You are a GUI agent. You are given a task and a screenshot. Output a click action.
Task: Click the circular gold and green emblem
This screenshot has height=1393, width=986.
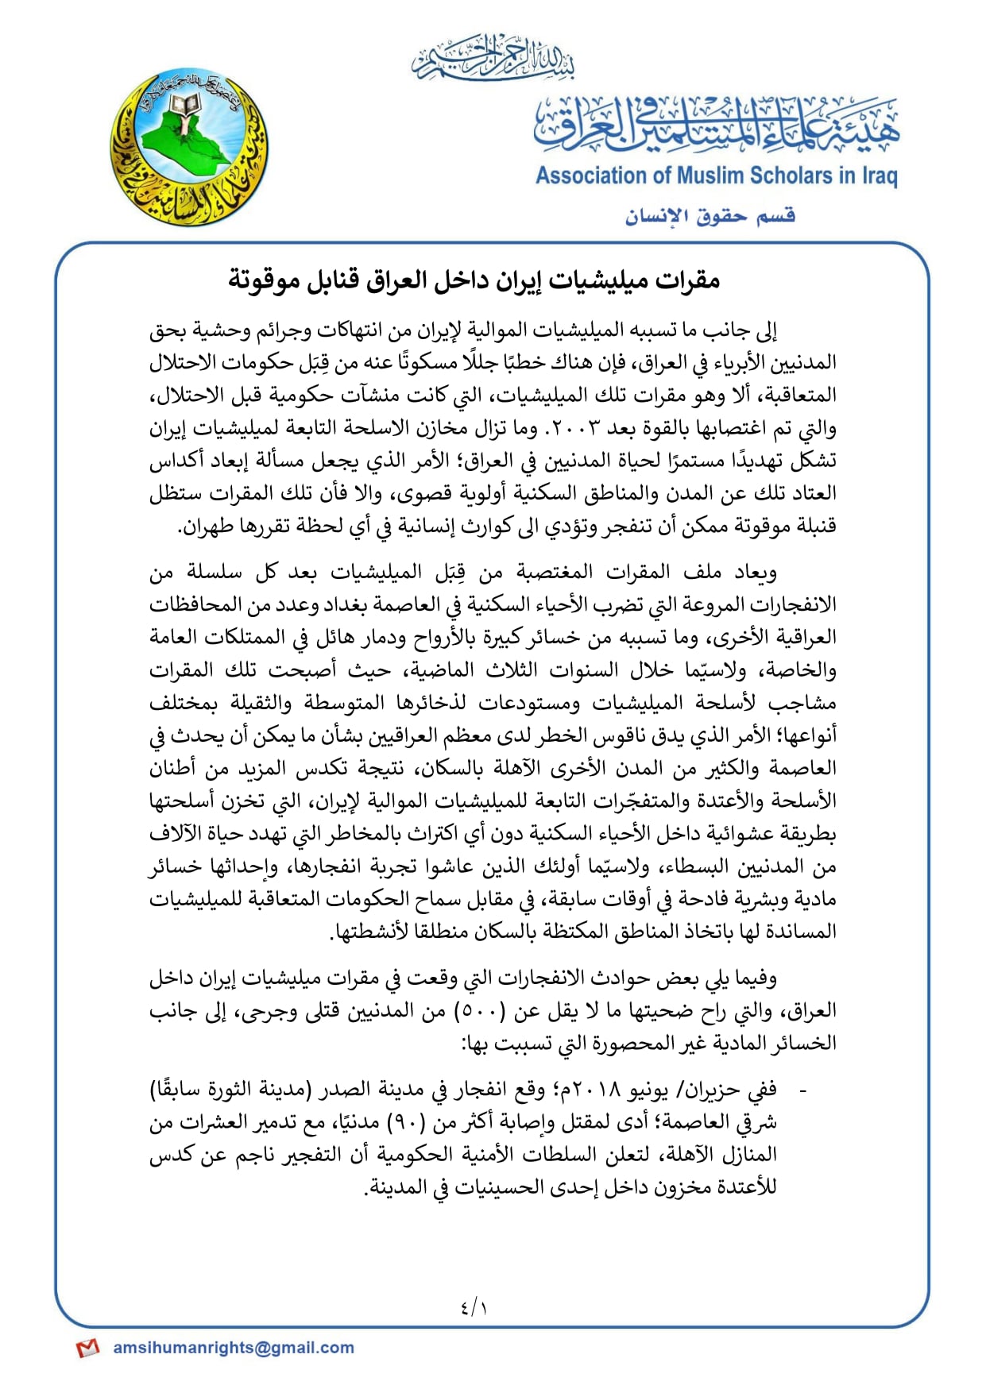189,147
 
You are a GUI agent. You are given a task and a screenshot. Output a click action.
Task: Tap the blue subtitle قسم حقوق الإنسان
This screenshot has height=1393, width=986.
710,216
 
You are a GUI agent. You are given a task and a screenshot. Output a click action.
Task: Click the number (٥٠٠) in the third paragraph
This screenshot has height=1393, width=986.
479,1011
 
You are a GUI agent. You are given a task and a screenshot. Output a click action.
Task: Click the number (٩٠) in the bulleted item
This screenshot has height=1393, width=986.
408,1123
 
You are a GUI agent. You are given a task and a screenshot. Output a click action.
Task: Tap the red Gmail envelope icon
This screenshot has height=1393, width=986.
87,1348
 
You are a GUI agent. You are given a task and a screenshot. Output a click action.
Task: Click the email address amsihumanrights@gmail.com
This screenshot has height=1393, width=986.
234,1348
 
